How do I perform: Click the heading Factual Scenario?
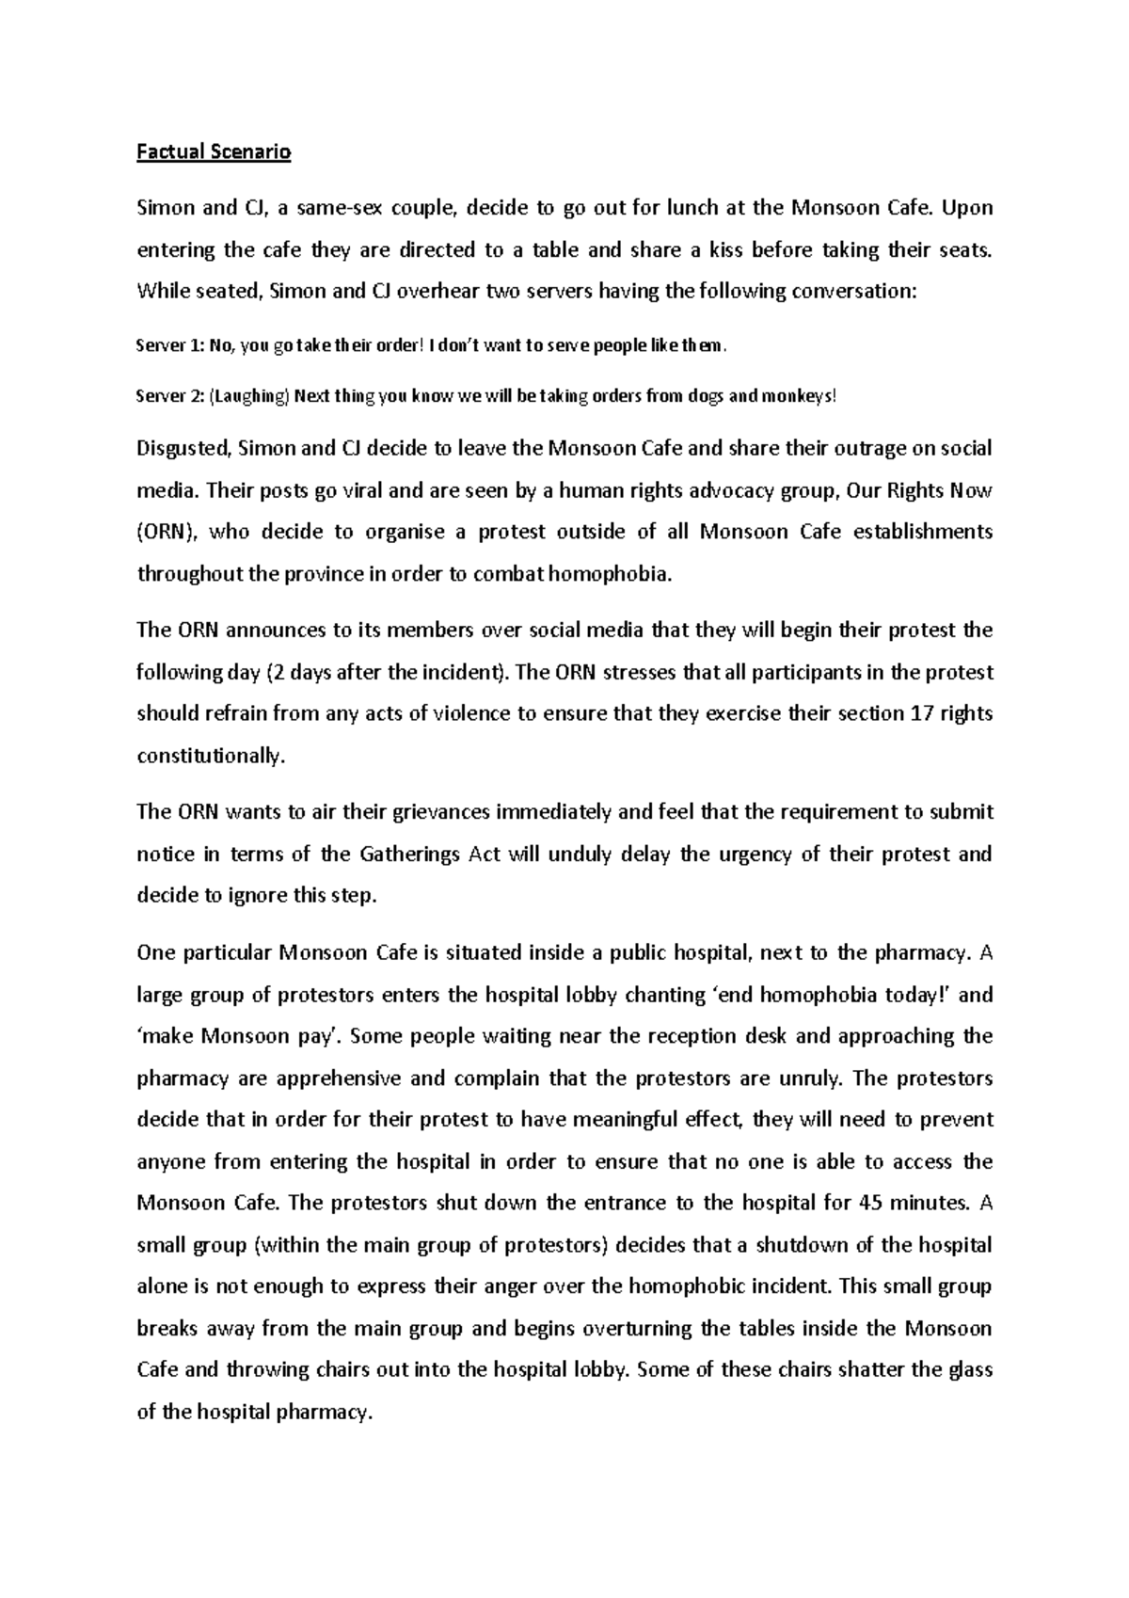pyautogui.click(x=214, y=152)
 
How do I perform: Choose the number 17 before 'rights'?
pyautogui.click(x=923, y=713)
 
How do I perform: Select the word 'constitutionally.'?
pyautogui.click(x=210, y=755)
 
